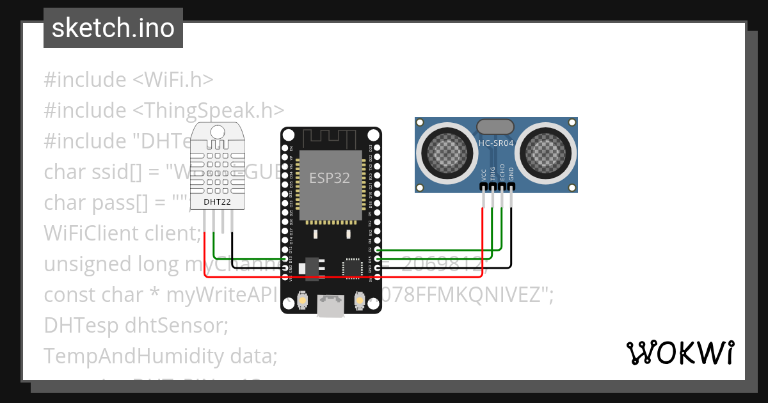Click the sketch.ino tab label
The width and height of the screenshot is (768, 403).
click(113, 28)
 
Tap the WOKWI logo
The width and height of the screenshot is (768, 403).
click(679, 352)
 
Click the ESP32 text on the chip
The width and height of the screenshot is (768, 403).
click(330, 178)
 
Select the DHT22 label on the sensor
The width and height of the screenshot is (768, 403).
click(217, 202)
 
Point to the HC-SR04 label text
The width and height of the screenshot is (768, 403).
click(496, 143)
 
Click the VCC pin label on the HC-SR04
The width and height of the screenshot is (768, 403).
click(483, 174)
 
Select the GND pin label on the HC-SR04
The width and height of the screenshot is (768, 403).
click(511, 174)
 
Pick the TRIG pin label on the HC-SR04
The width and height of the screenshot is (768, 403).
click(492, 173)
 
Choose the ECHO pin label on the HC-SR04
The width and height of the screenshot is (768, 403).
click(502, 173)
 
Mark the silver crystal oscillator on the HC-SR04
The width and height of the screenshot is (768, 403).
click(495, 127)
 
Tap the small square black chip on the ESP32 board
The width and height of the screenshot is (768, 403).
click(353, 268)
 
